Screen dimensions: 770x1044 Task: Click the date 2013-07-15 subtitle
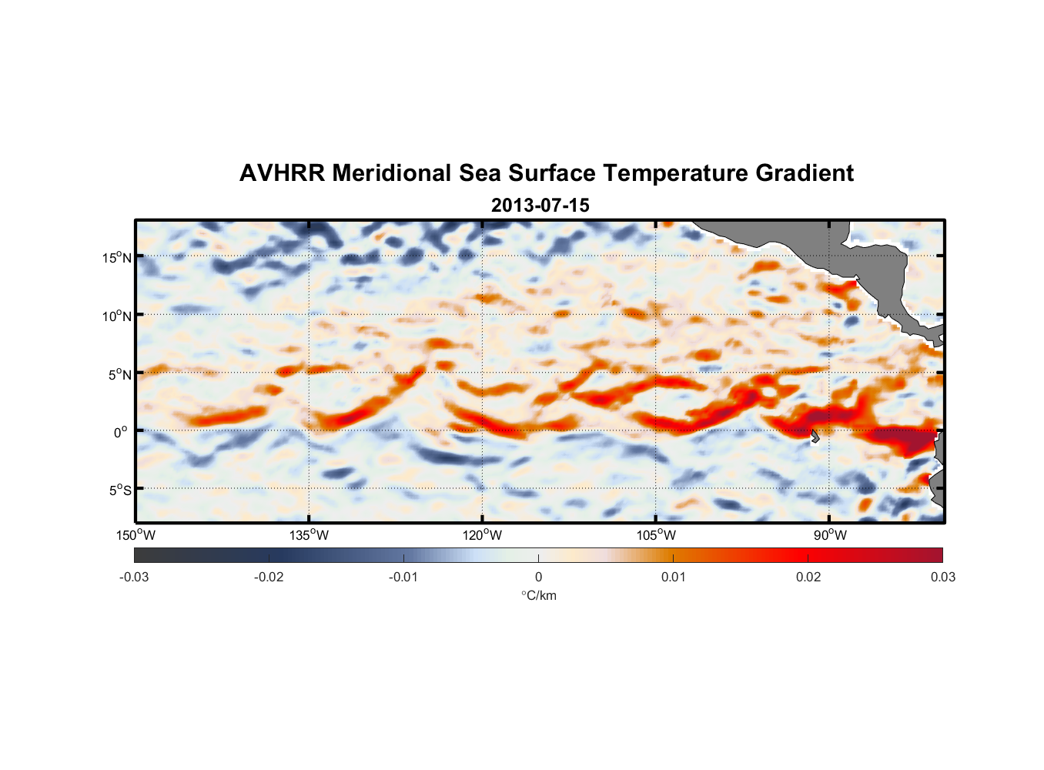(540, 206)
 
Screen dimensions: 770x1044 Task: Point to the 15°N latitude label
(117, 257)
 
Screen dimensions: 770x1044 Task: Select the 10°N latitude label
(117, 316)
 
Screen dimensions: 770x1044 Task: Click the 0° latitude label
(121, 432)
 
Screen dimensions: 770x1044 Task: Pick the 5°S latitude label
(119, 490)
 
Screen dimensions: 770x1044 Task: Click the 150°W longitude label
(136, 535)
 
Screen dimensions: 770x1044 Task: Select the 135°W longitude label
(310, 535)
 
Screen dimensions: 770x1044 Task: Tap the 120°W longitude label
(483, 535)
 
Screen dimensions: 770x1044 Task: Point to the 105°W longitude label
(657, 535)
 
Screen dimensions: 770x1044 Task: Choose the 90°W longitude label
(830, 535)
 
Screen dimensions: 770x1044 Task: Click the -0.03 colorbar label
(134, 577)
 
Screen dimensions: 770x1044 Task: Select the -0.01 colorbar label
(403, 577)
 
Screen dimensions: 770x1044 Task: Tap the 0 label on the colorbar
(538, 577)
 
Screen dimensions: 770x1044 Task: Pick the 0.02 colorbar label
(808, 577)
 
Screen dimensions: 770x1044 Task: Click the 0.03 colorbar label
(942, 577)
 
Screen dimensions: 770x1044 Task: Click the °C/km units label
(538, 595)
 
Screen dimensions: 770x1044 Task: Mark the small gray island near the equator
(815, 437)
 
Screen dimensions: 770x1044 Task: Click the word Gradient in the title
(805, 173)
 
